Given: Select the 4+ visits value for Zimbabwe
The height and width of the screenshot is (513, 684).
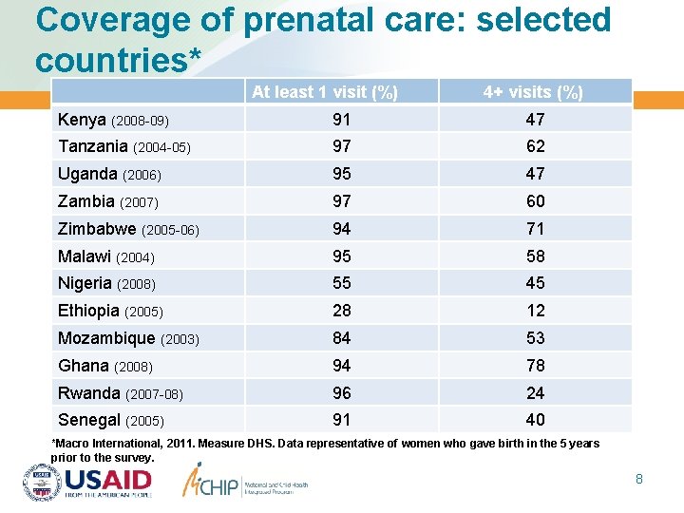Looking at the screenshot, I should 535,228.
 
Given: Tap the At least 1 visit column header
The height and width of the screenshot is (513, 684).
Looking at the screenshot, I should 324,92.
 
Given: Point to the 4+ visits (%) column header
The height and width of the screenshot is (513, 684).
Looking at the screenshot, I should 533,92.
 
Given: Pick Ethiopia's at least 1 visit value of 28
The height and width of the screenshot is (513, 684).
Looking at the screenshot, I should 341,311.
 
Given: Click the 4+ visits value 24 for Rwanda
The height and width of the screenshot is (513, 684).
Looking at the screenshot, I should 535,392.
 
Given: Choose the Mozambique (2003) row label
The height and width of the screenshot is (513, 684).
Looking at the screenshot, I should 128,338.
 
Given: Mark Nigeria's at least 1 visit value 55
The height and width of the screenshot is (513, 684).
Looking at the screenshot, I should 341,283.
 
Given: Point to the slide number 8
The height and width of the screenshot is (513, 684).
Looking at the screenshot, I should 639,479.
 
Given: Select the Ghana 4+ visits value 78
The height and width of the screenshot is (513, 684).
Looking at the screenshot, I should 535,366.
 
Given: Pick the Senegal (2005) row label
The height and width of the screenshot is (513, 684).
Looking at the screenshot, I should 111,420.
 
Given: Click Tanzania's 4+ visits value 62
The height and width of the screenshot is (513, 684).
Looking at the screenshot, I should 535,146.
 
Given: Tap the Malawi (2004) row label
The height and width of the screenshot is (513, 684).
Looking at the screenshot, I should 106,256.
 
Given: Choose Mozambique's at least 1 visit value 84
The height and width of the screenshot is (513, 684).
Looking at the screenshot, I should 341,338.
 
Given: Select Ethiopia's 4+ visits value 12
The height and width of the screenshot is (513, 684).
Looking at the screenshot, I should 535,311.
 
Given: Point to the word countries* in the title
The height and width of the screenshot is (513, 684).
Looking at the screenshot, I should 119,59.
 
